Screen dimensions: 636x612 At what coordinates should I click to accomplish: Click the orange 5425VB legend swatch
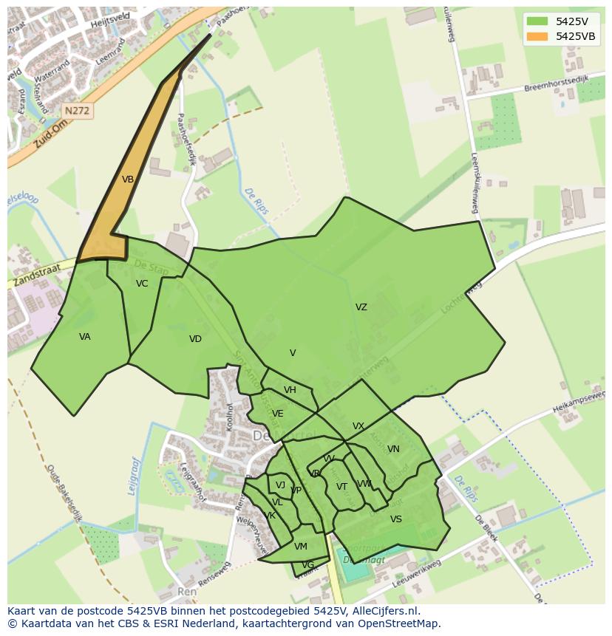point(537,36)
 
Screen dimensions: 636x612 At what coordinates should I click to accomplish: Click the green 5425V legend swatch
point(537,21)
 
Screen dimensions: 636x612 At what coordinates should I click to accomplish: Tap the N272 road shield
point(77,111)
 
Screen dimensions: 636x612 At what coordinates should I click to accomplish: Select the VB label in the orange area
point(128,179)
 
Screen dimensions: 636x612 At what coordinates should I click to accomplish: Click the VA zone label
point(85,337)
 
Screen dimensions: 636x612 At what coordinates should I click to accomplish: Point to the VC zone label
point(142,284)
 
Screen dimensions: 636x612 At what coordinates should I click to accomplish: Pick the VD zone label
point(195,339)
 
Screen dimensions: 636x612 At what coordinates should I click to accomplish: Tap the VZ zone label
point(361,307)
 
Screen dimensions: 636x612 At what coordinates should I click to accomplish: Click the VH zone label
point(290,390)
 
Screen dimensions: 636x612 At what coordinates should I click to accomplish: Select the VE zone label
point(277,414)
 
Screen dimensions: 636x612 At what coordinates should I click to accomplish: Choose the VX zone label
point(358,426)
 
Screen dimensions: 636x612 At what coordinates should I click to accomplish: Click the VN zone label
point(393,449)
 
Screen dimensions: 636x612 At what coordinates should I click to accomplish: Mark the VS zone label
point(396,519)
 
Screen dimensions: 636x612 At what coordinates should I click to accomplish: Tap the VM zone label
point(300,547)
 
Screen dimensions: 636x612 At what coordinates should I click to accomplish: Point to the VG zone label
point(307,565)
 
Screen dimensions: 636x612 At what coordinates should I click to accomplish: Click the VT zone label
point(341,487)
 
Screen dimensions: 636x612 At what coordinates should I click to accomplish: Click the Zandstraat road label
point(38,276)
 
